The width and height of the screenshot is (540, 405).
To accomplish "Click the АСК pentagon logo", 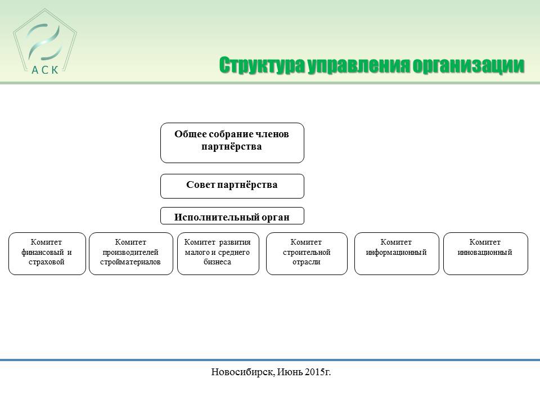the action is [45, 42].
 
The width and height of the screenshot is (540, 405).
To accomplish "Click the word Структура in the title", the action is [262, 65].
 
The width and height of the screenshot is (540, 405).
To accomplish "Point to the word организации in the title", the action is [469, 65].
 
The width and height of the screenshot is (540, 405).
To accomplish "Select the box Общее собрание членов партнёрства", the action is [232, 143].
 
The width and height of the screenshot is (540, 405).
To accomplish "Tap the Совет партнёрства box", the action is [232, 186].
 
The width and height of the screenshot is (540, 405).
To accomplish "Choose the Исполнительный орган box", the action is [232, 216].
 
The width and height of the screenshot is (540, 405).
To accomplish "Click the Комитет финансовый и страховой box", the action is [47, 254].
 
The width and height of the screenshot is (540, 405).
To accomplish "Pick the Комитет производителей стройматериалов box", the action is [131, 254].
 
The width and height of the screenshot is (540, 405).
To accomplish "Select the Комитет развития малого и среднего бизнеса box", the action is [218, 254].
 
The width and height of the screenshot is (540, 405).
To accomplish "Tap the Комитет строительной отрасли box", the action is [307, 254].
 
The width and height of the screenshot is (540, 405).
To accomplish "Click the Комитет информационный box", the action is [397, 254].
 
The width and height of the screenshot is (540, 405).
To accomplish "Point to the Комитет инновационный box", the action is [485, 254].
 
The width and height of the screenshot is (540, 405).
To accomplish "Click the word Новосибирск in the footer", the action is [243, 372].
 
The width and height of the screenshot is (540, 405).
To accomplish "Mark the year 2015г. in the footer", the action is [318, 372].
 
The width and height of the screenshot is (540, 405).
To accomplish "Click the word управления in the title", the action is [359, 65].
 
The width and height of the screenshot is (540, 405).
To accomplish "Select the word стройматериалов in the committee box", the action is [130, 262].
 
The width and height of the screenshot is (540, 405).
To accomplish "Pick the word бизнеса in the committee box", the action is [217, 262].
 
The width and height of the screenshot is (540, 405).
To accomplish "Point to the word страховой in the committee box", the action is [47, 262].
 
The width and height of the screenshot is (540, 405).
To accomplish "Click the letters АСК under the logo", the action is [45, 70].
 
